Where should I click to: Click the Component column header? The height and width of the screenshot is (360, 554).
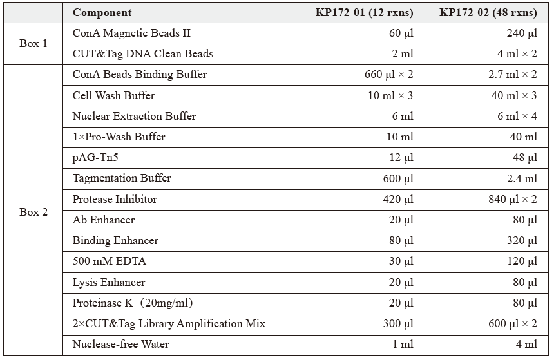click(102, 13)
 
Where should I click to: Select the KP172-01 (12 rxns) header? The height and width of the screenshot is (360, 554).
click(364, 13)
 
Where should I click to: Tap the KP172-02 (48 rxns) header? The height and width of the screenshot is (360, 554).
click(488, 13)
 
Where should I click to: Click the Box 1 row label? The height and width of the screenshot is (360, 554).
click(33, 44)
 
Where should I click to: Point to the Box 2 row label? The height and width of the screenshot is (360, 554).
click(33, 212)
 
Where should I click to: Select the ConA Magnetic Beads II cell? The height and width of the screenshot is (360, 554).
click(131, 33)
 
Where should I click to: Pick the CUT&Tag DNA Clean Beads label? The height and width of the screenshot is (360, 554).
click(142, 54)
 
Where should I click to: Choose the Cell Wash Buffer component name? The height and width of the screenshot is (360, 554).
click(113, 95)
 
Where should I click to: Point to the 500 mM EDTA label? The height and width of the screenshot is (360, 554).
click(109, 261)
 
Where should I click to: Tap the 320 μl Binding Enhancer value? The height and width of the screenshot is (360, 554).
click(522, 240)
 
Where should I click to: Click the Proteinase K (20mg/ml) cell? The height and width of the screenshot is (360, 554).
click(133, 303)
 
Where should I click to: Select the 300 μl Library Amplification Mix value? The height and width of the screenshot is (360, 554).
click(398, 323)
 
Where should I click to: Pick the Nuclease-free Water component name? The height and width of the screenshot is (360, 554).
click(120, 344)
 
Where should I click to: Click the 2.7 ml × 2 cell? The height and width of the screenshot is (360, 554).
click(513, 75)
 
